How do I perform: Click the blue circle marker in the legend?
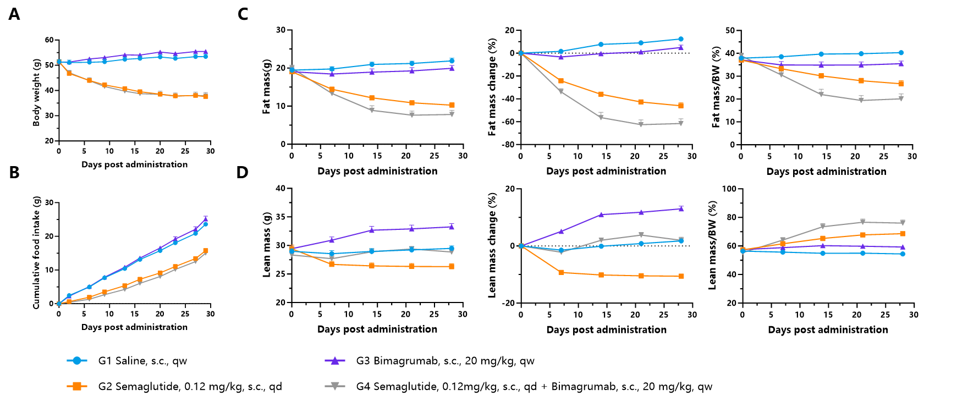(77, 361)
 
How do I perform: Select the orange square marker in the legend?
(77, 386)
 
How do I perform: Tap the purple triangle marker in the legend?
(334, 361)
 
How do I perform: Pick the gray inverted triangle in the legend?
(334, 386)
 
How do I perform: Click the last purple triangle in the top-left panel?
(206, 51)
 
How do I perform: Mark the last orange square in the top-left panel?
(206, 96)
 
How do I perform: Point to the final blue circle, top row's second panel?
(452, 61)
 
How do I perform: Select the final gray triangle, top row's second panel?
(452, 114)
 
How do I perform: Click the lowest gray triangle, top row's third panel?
(641, 125)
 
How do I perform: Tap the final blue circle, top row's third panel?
(681, 39)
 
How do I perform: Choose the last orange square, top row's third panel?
(681, 105)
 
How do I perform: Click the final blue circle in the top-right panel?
(901, 53)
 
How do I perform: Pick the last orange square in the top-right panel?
(901, 84)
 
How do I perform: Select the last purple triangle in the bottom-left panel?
(206, 219)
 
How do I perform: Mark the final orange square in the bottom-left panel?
(206, 251)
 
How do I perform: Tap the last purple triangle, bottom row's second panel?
(452, 227)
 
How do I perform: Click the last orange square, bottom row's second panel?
(452, 267)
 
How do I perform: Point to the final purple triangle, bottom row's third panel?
(681, 209)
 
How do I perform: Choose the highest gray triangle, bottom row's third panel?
(641, 235)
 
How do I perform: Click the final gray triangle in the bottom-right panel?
(903, 223)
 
